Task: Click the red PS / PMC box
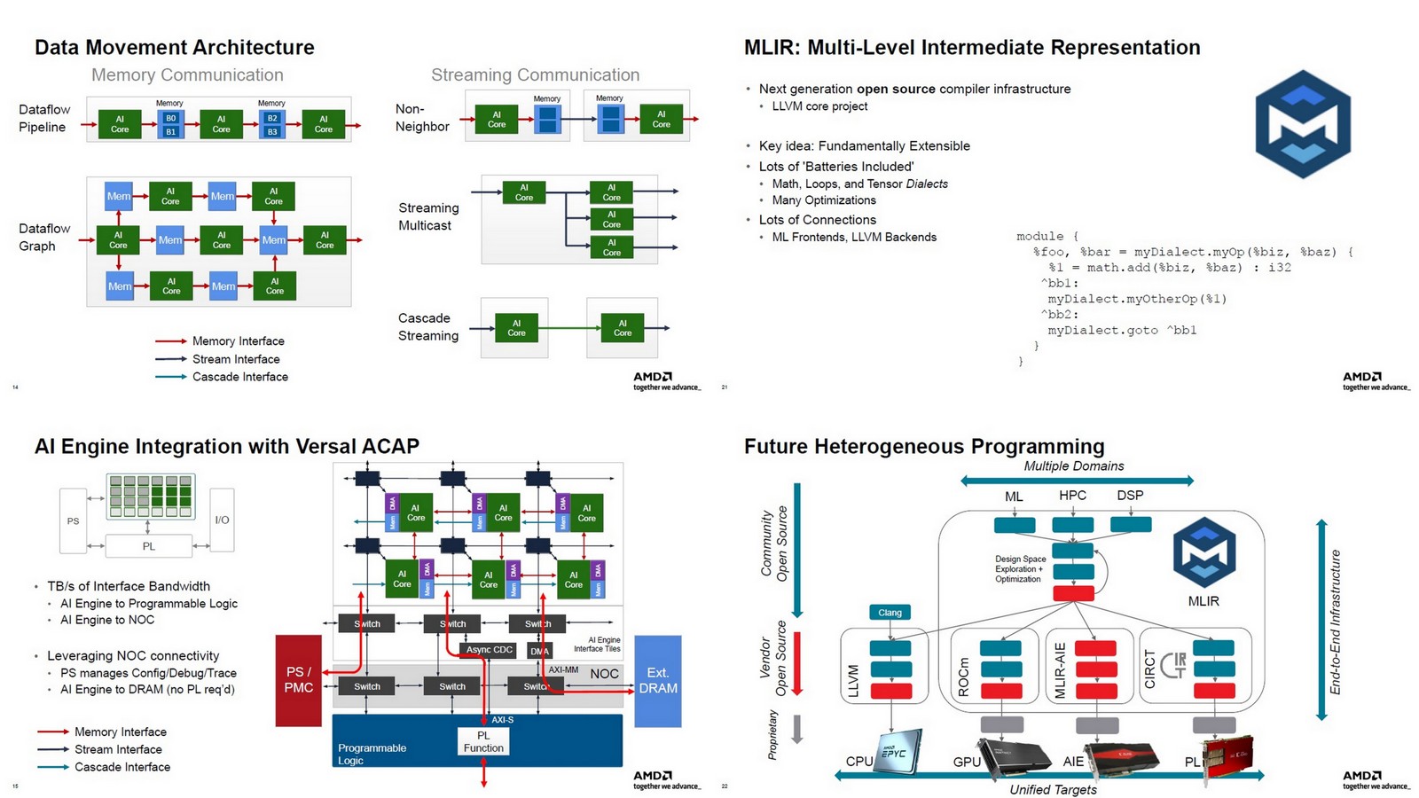pyautogui.click(x=298, y=680)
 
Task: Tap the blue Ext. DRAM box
pyautogui.click(x=657, y=680)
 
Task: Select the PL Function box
pyautogui.click(x=483, y=741)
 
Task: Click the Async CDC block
pyautogui.click(x=490, y=650)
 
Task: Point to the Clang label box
pyautogui.click(x=890, y=613)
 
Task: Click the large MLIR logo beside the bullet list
pyautogui.click(x=1302, y=124)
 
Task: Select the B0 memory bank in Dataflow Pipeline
pyautogui.click(x=171, y=118)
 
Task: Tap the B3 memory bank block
pyautogui.click(x=272, y=131)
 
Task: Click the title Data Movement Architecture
pyautogui.click(x=175, y=47)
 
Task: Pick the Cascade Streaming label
pyautogui.click(x=428, y=326)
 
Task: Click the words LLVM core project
pyautogui.click(x=819, y=106)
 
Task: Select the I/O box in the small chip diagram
pyautogui.click(x=222, y=520)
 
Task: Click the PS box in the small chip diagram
pyautogui.click(x=74, y=521)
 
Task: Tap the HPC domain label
pyautogui.click(x=1072, y=496)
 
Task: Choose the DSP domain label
pyautogui.click(x=1130, y=496)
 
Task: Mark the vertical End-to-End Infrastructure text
pyautogui.click(x=1335, y=622)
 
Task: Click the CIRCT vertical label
pyautogui.click(x=1150, y=669)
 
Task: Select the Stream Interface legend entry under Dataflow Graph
pyautogui.click(x=236, y=359)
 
